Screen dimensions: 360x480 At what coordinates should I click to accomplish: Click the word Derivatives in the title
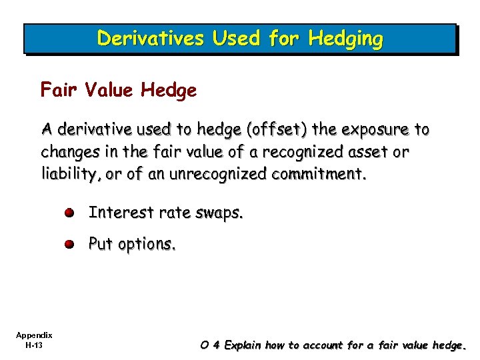tap(151, 39)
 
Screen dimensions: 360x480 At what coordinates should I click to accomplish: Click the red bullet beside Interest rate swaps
tap(70, 213)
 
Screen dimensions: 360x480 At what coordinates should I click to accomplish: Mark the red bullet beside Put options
tap(70, 245)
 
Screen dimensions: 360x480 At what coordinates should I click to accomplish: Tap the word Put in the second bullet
tap(101, 244)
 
